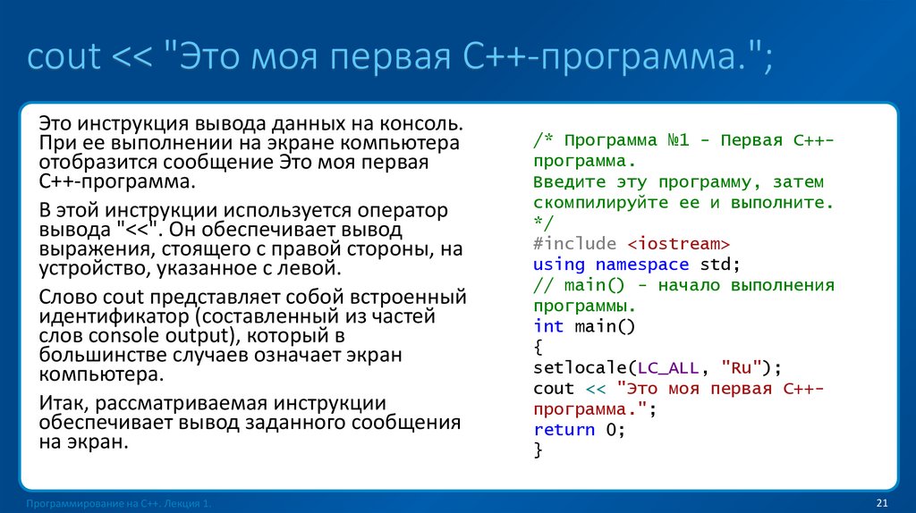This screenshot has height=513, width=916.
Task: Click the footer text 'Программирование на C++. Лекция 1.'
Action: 119,505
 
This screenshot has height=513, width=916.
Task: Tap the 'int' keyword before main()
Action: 548,326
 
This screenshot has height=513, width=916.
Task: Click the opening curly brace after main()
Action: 538,347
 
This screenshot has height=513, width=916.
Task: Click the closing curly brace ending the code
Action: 538,450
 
